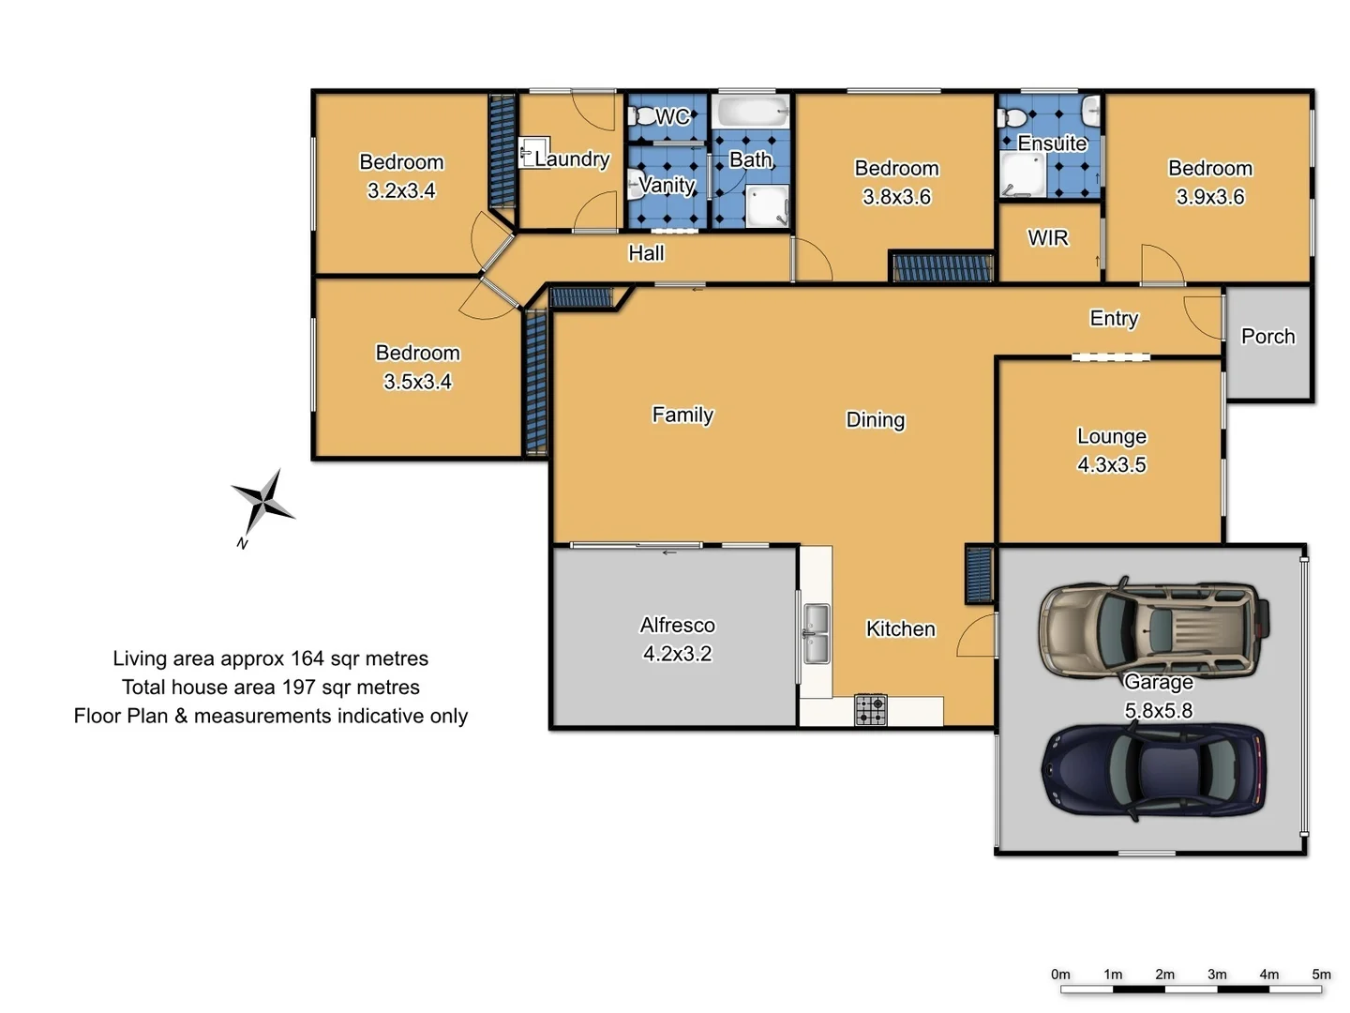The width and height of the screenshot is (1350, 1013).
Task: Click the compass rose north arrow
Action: [263, 503]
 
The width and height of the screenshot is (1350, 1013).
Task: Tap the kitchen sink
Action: [817, 633]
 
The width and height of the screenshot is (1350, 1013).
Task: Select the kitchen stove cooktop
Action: [871, 710]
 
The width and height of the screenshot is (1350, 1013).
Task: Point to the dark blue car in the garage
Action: [1154, 771]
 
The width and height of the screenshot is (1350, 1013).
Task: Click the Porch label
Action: [1267, 337]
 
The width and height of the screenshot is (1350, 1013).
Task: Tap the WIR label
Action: [1047, 238]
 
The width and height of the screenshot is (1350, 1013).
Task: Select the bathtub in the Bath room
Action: [750, 113]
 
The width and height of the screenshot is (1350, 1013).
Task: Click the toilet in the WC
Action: [644, 117]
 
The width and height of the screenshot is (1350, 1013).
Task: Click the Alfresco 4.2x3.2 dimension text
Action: [677, 654]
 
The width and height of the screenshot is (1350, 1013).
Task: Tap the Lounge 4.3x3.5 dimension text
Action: [1111, 465]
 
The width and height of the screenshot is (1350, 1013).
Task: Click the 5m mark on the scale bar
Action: [1321, 975]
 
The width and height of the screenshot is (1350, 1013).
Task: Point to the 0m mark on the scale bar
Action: [1060, 975]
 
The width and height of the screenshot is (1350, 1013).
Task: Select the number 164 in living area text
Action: [307, 658]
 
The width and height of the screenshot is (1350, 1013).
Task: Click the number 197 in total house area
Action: [298, 688]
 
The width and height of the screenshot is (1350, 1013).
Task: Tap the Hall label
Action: [646, 253]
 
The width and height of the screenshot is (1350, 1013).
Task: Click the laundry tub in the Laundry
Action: [533, 152]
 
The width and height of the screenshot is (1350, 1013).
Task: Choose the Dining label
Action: [875, 420]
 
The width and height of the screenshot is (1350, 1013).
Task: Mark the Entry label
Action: [1114, 319]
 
